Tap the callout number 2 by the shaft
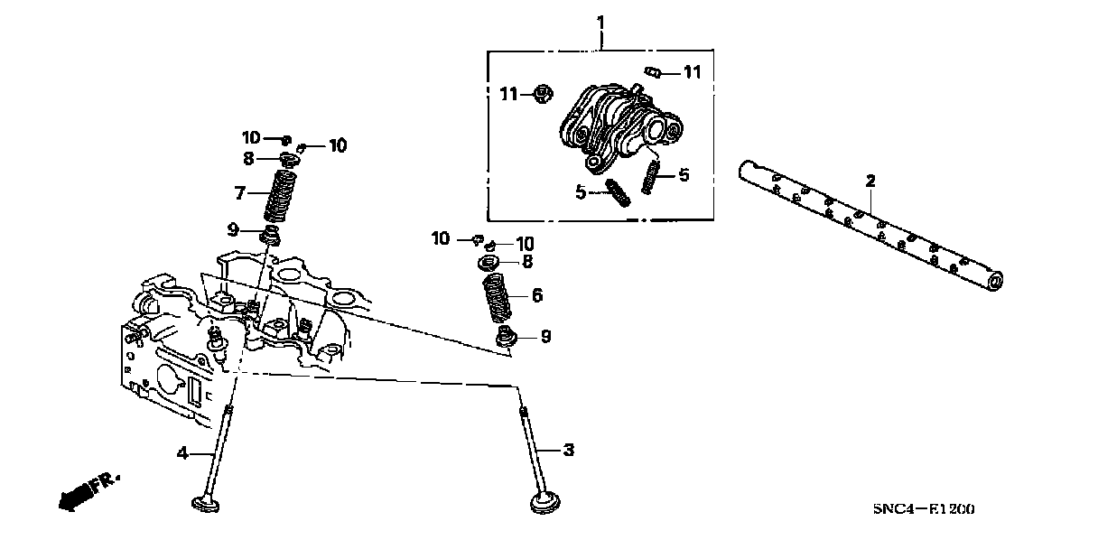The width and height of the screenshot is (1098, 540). coord(870,182)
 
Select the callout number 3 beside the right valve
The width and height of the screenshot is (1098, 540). coord(568,450)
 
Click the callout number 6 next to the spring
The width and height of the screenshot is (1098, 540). coord(536,295)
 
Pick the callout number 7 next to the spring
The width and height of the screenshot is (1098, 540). coord(240,192)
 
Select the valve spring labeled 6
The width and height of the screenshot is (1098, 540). coord(495,298)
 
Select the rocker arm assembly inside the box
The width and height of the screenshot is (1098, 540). coord(619,126)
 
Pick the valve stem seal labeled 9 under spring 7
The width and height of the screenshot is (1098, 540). coord(269,237)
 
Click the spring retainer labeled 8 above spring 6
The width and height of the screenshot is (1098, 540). coord(489,263)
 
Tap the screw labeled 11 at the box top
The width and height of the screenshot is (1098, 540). coord(655,72)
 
